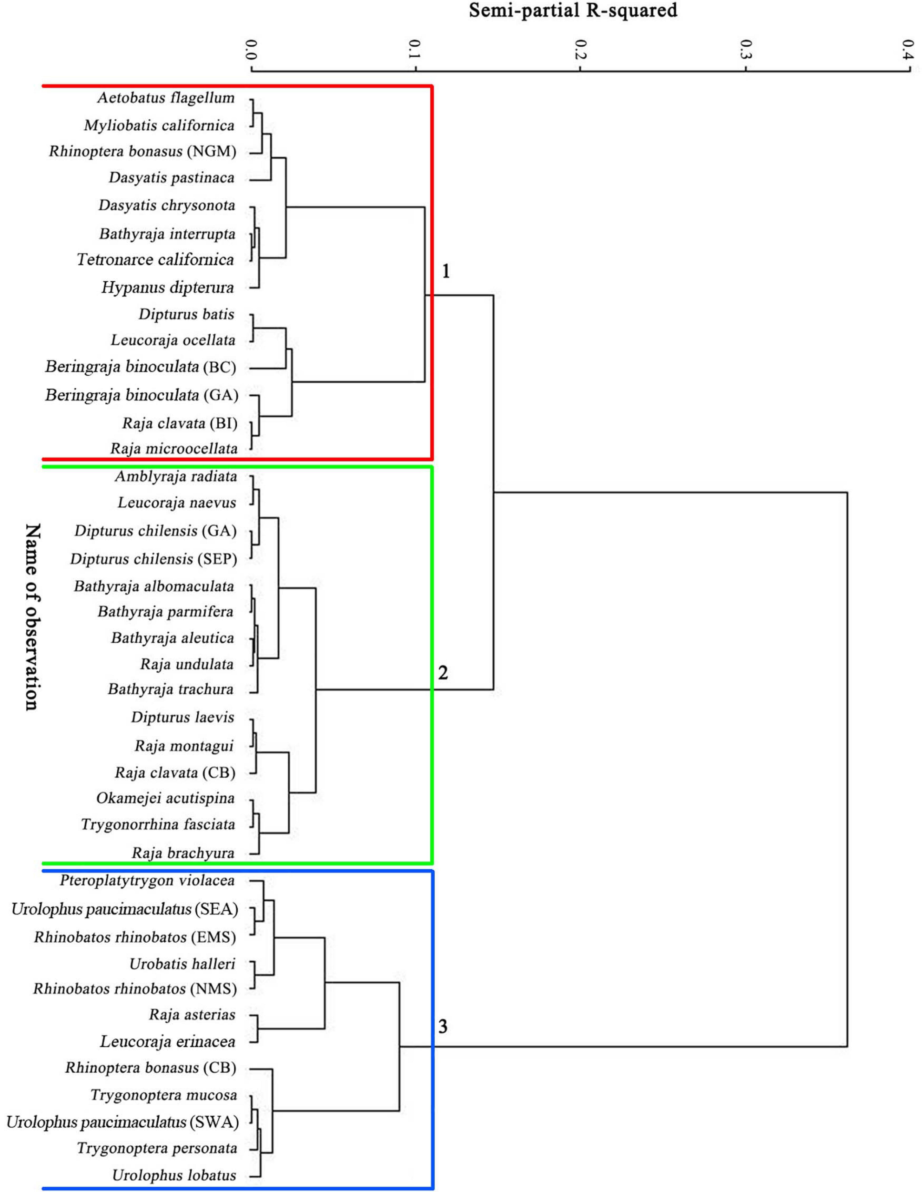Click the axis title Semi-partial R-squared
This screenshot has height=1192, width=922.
[573, 11]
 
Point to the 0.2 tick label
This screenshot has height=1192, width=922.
[579, 50]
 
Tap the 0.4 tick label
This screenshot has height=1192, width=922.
[907, 50]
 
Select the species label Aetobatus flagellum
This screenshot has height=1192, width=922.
[166, 98]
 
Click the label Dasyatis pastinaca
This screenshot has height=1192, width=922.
[172, 178]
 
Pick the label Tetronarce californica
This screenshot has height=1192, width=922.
[155, 260]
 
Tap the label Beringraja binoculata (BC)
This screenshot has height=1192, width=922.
[141, 367]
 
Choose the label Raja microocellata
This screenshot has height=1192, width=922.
[174, 449]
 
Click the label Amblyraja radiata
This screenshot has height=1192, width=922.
[176, 476]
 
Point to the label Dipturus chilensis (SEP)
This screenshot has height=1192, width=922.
[153, 559]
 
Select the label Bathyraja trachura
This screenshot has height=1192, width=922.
[171, 689]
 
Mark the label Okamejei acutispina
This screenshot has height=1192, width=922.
[165, 798]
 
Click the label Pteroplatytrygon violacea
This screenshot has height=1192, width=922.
[147, 880]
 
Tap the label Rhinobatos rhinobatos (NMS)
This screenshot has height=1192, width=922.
[135, 988]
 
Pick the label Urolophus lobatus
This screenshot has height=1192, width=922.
[174, 1175]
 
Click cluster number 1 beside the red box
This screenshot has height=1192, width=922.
[446, 271]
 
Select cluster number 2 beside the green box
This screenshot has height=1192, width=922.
[443, 673]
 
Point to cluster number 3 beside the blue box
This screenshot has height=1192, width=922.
[443, 1027]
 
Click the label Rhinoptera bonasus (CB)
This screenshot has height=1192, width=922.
[151, 1068]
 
